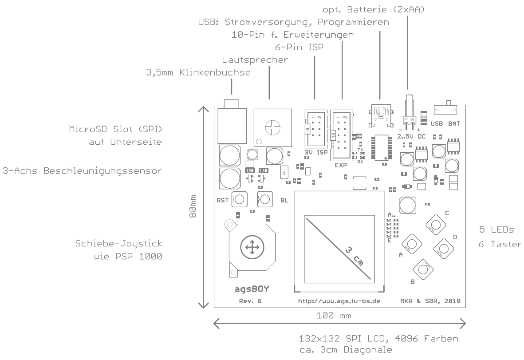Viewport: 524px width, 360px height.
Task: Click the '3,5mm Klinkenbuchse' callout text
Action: tap(198, 72)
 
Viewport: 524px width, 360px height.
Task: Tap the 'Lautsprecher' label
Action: tap(255, 59)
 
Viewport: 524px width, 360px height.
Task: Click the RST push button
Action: tap(240, 199)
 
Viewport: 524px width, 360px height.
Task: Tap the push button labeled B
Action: tap(423, 268)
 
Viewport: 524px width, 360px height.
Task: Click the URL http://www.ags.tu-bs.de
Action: tap(339, 301)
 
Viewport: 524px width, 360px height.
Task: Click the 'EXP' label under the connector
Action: tap(340, 165)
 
